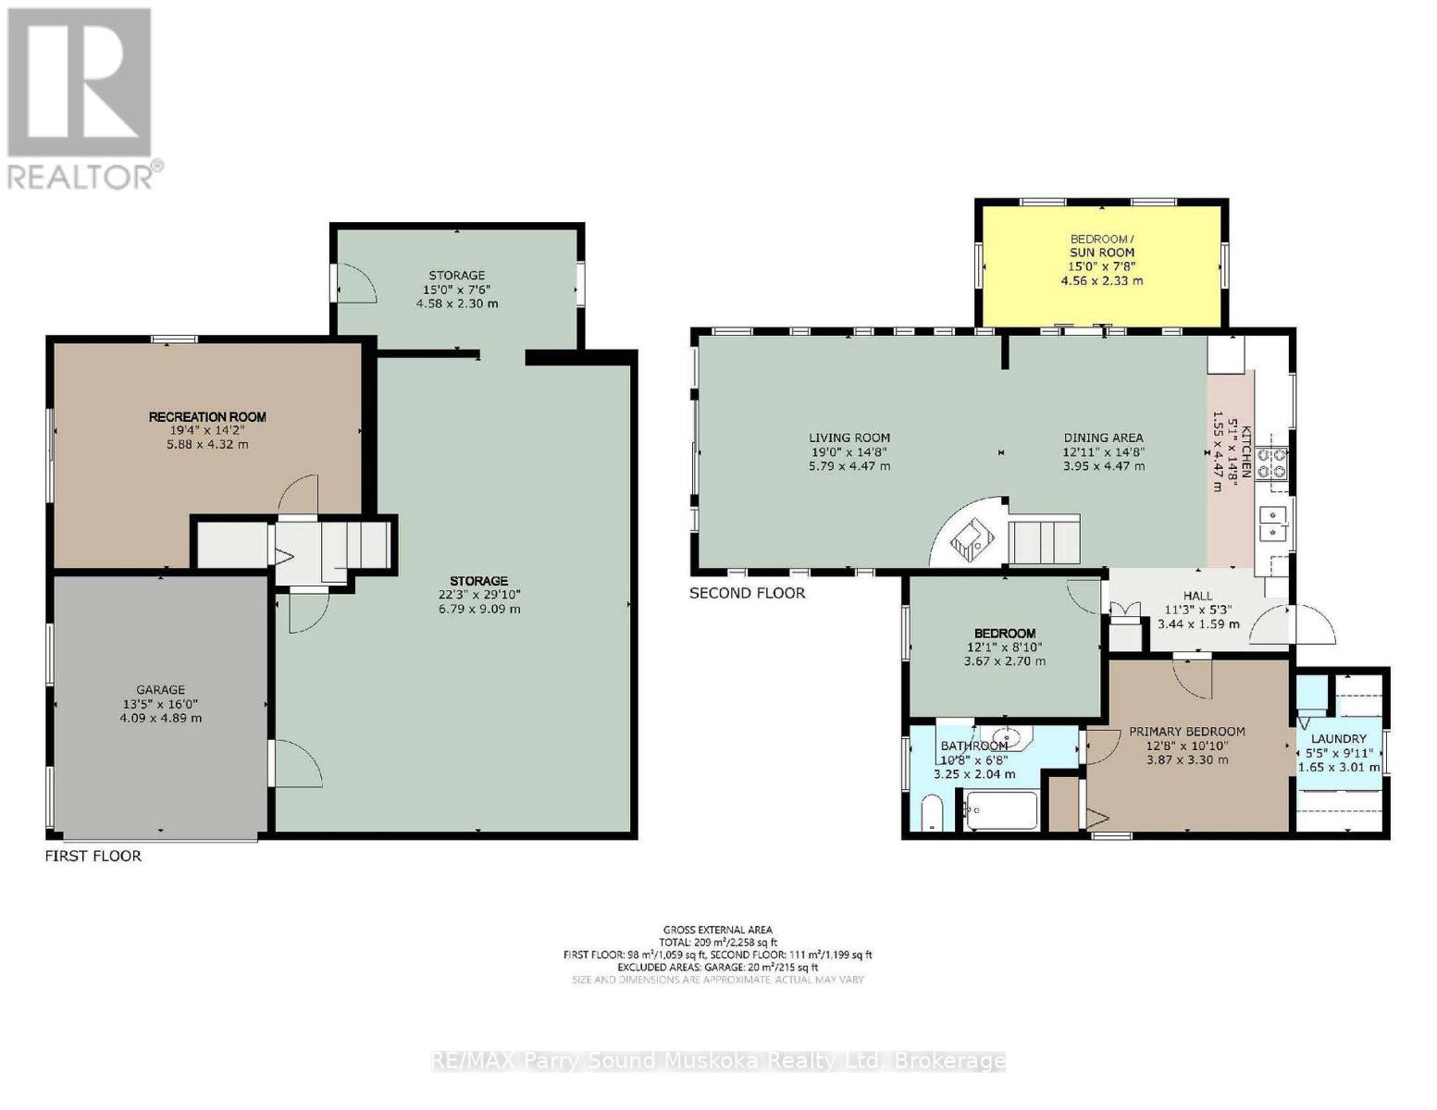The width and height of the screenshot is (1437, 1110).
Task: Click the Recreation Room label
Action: click(x=207, y=417)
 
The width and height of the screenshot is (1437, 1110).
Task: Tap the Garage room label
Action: click(x=160, y=690)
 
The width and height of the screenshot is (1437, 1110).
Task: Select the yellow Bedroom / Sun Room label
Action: click(x=1101, y=245)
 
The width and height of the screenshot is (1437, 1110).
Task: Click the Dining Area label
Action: click(x=1103, y=438)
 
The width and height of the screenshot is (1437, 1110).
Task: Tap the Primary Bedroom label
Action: click(x=1186, y=732)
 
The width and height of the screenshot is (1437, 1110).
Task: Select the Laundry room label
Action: click(x=1338, y=738)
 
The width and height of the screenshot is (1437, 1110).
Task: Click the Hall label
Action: click(x=1197, y=597)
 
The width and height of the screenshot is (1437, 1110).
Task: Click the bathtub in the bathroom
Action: click(x=1002, y=810)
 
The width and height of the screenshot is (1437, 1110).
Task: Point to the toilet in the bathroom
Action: click(x=930, y=815)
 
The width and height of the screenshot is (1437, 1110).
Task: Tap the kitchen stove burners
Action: click(x=1277, y=462)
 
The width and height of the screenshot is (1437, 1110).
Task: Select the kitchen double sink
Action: click(x=1274, y=524)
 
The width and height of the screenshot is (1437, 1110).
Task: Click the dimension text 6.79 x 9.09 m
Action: click(x=479, y=609)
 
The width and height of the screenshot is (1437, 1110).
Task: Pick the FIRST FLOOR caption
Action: click(x=93, y=857)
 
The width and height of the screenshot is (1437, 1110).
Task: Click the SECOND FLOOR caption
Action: click(x=747, y=593)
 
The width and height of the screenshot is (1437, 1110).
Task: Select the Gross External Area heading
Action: click(x=717, y=930)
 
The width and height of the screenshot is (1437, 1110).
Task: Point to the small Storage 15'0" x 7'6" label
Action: click(x=456, y=276)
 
